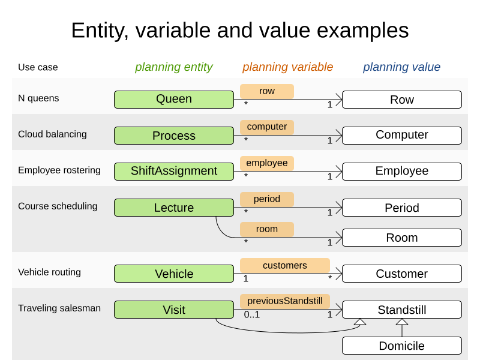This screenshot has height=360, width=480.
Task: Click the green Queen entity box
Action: point(174,100)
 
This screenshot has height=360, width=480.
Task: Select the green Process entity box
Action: point(174,136)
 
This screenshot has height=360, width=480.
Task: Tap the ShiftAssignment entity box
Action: point(174,171)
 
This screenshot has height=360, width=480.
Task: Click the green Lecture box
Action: point(174,208)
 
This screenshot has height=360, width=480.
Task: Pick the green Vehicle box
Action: point(174,274)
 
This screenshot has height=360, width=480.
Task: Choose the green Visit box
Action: point(174,310)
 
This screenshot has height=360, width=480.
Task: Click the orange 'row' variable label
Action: point(267,91)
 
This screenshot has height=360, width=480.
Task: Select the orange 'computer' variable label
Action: point(267,127)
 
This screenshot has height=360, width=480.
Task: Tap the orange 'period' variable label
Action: point(267,199)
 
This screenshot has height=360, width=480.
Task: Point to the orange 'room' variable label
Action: point(267,229)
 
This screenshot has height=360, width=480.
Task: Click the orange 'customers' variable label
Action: point(285,265)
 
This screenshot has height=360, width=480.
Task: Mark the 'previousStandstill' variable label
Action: point(285,301)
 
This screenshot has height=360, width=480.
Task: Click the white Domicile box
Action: point(402,346)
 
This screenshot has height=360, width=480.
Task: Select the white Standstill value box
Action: point(402,310)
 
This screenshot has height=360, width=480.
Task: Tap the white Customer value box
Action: point(402,274)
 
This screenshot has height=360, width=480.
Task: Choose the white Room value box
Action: point(402,238)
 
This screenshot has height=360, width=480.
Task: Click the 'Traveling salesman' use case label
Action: point(59,308)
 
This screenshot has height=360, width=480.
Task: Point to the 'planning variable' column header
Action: point(288,67)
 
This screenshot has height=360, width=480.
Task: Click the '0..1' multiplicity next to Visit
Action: point(251,314)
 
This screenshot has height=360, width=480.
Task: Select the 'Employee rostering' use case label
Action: point(59,170)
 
